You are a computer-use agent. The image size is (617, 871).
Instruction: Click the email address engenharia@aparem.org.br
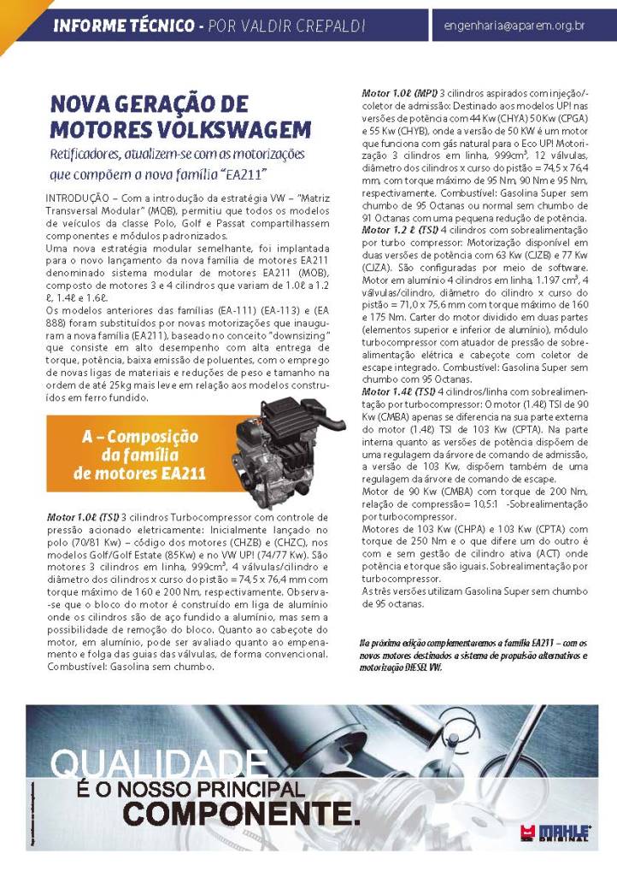pyautogui.click(x=514, y=26)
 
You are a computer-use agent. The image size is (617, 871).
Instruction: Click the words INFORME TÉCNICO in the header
pyautogui.click(x=123, y=26)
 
